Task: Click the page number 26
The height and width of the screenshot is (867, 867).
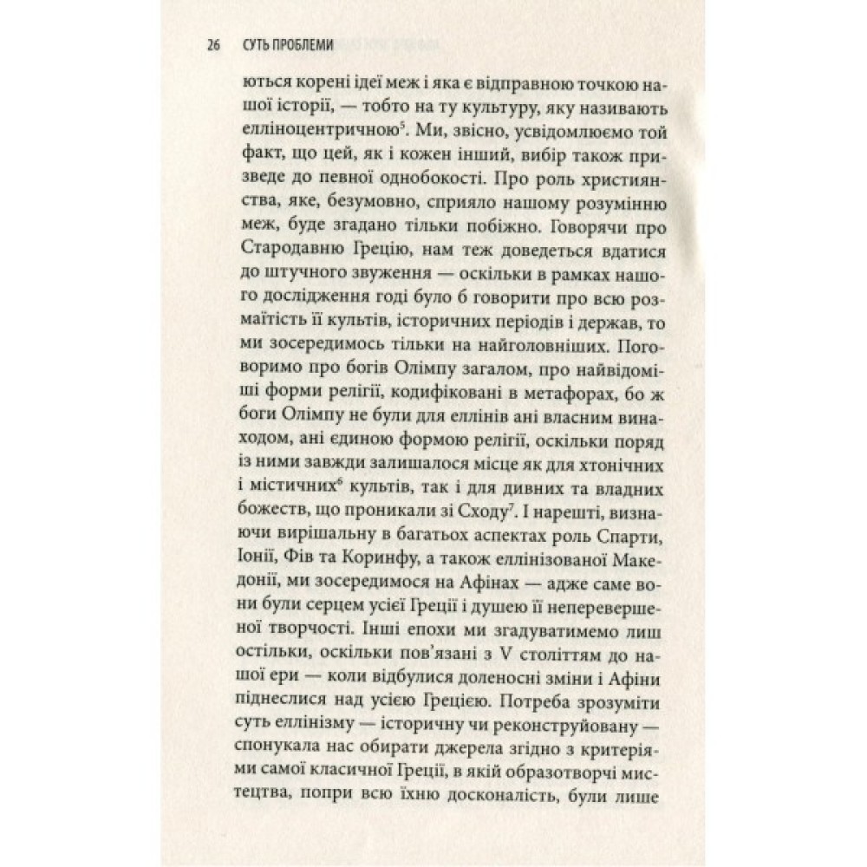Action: [x=214, y=46]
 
